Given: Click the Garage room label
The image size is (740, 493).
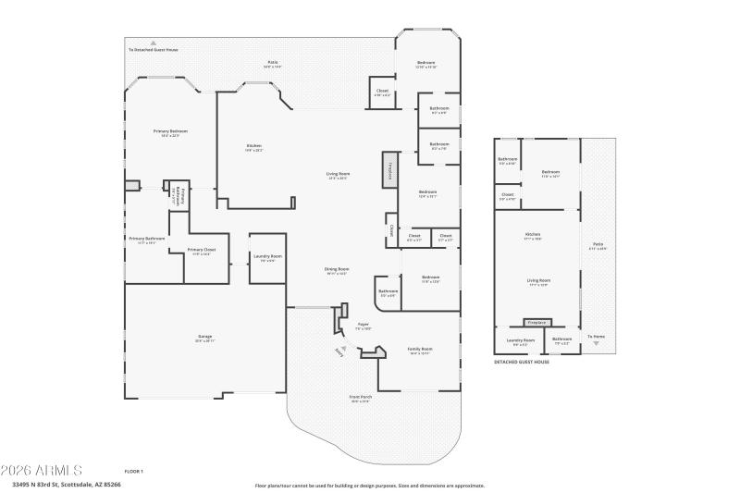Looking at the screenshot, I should [204, 339].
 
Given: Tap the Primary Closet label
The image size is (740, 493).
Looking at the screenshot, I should [201, 251].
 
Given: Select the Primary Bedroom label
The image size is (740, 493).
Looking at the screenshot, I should [171, 133].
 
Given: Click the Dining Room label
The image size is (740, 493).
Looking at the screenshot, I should [336, 270].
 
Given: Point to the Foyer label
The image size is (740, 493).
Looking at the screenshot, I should [364, 325].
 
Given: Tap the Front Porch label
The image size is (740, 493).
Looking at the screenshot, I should [360, 399].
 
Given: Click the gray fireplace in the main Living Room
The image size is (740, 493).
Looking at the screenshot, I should [389, 170].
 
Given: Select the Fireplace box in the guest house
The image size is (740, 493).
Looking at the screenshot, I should [536, 322].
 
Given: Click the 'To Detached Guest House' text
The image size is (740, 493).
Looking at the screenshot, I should [154, 49].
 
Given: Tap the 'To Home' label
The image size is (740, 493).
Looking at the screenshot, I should [597, 336].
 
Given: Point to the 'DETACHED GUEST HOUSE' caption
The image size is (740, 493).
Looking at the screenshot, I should [522, 363].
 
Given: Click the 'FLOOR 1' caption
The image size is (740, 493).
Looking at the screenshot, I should [134, 471].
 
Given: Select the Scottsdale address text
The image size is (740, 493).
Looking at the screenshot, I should [67, 484].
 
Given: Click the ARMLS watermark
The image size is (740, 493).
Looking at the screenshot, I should [43, 470].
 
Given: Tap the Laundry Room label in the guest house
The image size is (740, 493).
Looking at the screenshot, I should [521, 340].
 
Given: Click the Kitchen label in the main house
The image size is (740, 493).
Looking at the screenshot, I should [253, 146].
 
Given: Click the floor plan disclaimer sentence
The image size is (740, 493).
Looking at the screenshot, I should [369, 485].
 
